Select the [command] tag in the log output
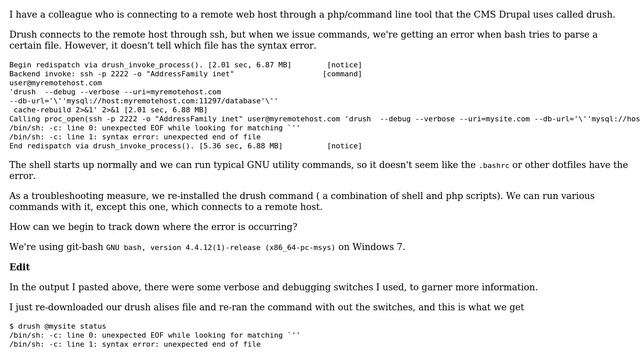(x=342, y=73)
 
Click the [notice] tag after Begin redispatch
(x=344, y=64)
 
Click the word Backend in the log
(x=25, y=73)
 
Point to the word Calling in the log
(x=25, y=118)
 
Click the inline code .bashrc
(x=495, y=165)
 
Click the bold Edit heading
(x=20, y=267)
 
